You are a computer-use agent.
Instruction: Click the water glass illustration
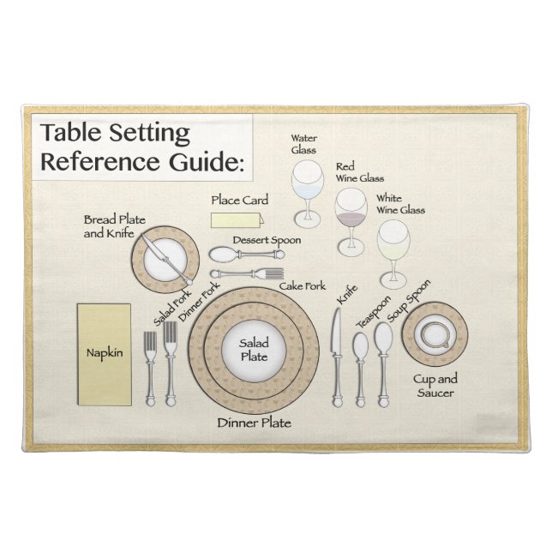304,184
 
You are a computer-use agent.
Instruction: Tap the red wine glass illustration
350,210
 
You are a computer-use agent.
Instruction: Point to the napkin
104,353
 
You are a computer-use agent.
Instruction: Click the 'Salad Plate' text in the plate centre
254,349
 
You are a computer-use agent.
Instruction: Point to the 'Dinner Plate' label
254,423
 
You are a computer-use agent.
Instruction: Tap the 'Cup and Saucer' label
435,386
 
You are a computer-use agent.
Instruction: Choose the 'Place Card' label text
239,201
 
